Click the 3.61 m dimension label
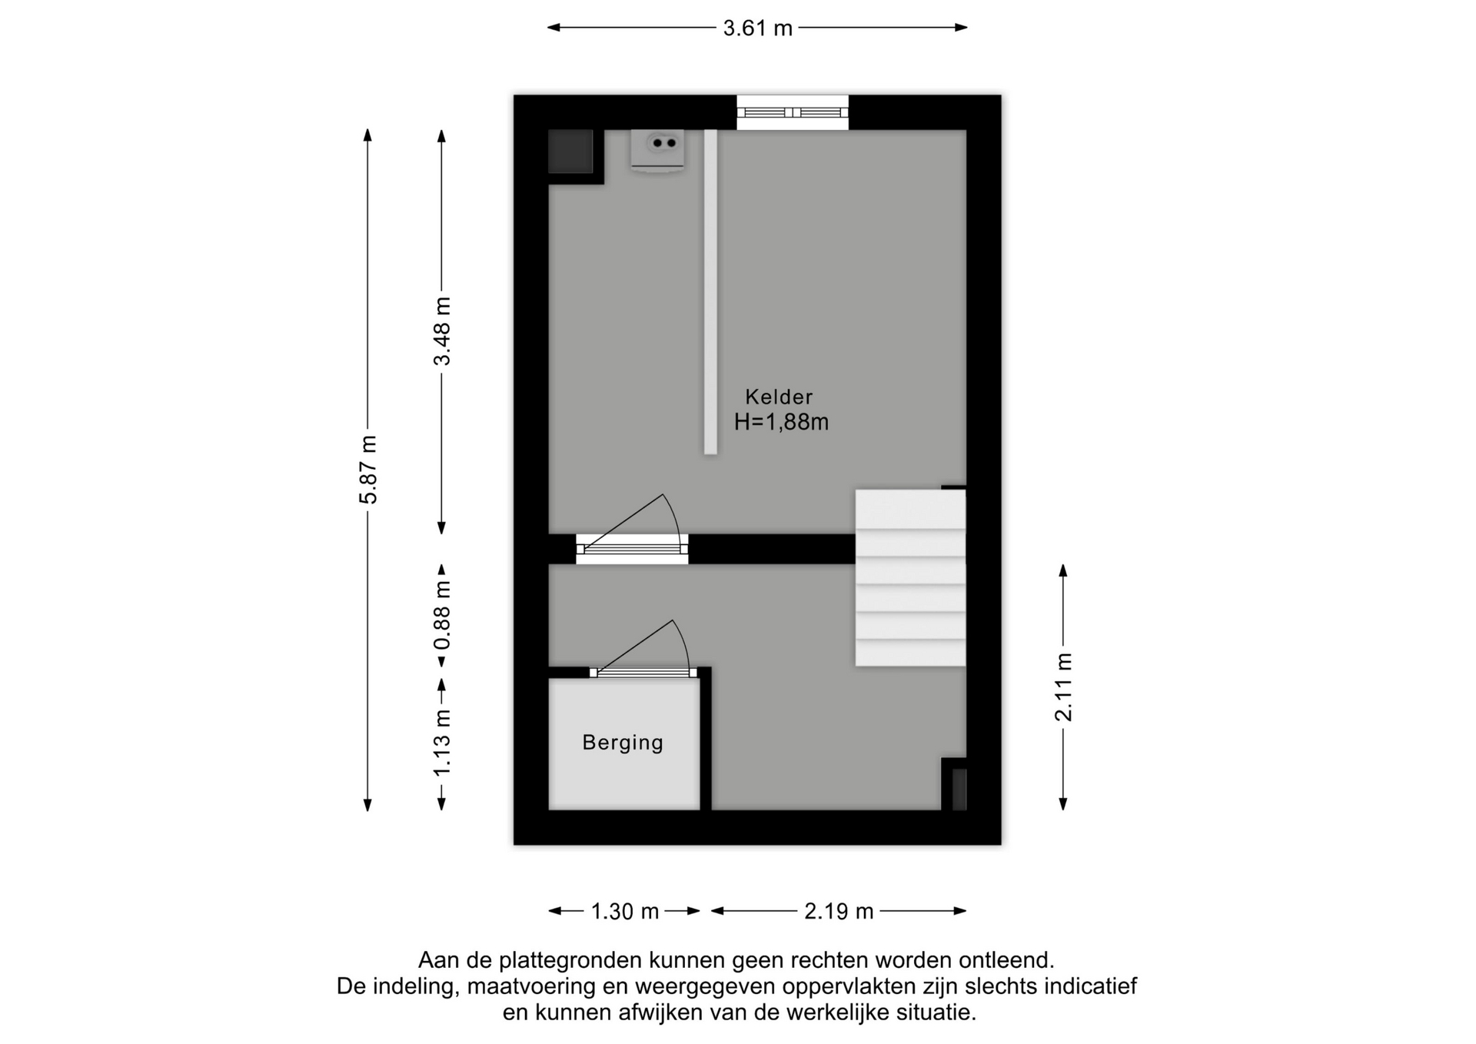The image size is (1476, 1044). [x=757, y=28]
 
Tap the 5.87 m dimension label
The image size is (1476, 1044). [x=369, y=470]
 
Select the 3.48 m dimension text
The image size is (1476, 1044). [x=442, y=331]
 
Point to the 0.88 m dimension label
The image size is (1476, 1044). [x=442, y=615]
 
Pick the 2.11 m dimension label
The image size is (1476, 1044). [x=1063, y=687]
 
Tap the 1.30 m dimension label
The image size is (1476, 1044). [x=625, y=912]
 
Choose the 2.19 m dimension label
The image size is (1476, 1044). [x=839, y=912]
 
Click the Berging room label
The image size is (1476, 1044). [x=623, y=743]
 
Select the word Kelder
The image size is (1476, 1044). [x=779, y=397]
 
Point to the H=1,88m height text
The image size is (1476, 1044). [x=781, y=422]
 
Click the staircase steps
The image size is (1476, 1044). [x=910, y=578]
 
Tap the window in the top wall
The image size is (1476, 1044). [x=793, y=112]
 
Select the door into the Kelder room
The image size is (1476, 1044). [x=632, y=530]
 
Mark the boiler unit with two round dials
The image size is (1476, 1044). [x=657, y=151]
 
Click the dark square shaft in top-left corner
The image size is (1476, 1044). [x=570, y=151]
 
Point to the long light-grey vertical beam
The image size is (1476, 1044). [x=710, y=292]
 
